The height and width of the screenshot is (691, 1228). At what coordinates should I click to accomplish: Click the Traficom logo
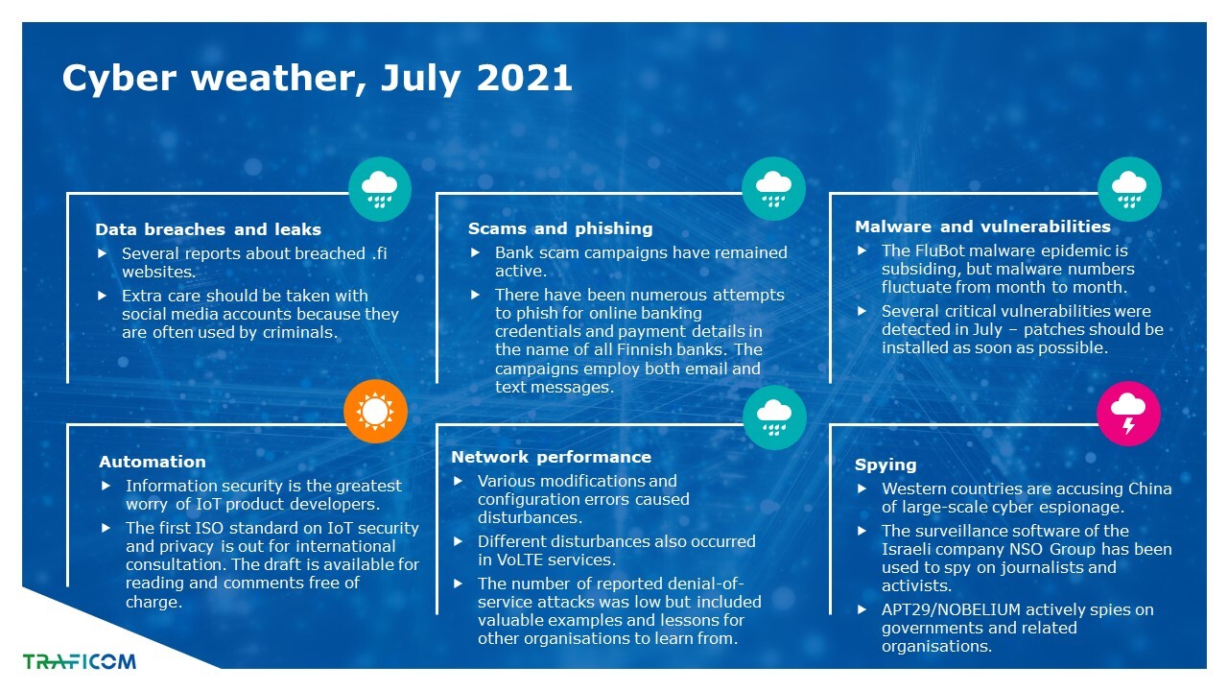pos(80,661)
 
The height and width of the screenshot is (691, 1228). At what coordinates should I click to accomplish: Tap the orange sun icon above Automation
pos(375,412)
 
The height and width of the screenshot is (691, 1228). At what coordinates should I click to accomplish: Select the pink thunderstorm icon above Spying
pos(1128,414)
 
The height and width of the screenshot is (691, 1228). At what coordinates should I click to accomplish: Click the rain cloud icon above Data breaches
pos(380,189)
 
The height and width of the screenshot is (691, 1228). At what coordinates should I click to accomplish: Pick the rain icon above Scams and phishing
pos(773,189)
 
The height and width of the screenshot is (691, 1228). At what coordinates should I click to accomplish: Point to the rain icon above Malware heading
pos(1129,189)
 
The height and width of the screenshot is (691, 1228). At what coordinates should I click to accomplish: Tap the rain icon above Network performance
pos(774,417)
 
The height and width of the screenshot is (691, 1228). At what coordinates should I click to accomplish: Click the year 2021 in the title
pos(524,78)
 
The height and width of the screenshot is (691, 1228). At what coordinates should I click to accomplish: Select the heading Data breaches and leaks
pos(208,229)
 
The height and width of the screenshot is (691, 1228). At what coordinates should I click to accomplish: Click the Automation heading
pos(153,462)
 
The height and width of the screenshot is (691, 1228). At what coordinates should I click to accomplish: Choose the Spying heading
pos(886,465)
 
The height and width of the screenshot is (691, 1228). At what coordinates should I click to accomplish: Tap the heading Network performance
pos(551,457)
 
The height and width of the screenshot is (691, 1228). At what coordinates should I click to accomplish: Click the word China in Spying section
pos(1149,488)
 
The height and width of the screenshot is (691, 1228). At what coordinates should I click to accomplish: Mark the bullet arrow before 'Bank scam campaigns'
pos(475,252)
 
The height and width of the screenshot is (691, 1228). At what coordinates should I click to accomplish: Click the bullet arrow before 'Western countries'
pos(862,488)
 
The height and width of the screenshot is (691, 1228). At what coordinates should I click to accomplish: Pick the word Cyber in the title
pos(119,79)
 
